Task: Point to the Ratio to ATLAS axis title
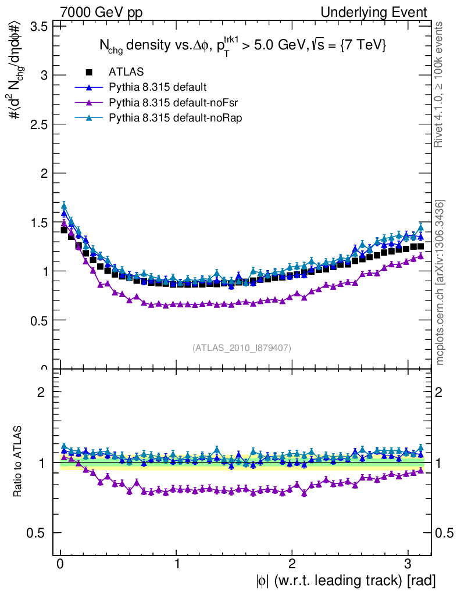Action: coord(19,462)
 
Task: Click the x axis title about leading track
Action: coord(344,580)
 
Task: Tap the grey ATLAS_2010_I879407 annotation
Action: coord(242,347)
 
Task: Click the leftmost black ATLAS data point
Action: coord(65,230)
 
